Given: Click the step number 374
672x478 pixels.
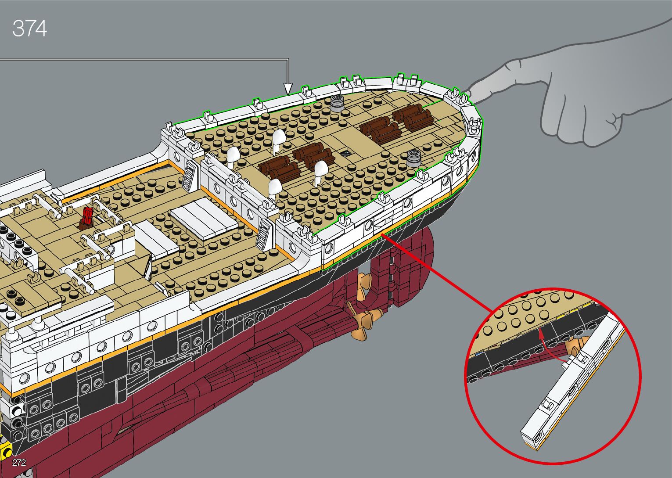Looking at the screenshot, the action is click(29, 29).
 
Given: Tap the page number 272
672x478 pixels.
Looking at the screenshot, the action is click(19, 462).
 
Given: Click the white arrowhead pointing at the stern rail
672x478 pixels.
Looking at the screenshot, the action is click(288, 89).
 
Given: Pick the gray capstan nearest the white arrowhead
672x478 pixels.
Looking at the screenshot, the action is click(338, 102).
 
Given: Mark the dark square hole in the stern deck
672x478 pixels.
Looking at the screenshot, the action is click(345, 153).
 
